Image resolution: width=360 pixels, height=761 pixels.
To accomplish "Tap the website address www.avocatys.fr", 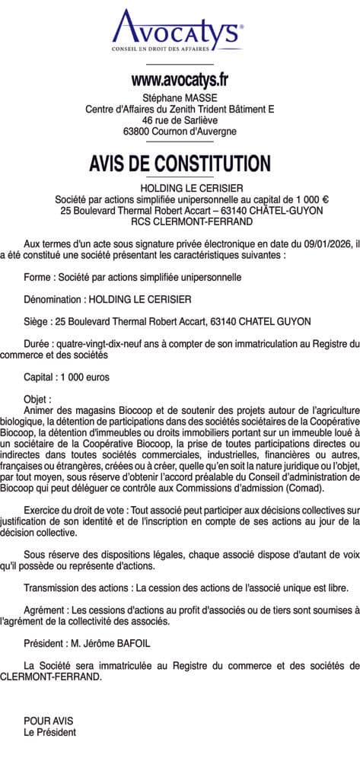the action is click(180, 79).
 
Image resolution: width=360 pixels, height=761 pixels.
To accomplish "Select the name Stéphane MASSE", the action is click(180, 97).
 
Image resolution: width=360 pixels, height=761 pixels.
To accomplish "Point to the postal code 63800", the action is click(139, 131).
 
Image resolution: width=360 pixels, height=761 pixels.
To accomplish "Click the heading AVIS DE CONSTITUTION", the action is click(180, 164).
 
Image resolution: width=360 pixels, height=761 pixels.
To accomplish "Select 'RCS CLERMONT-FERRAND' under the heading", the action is click(180, 221).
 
